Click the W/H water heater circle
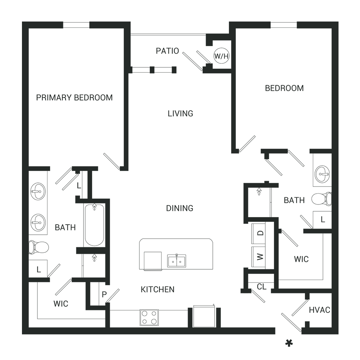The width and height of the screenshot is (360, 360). coord(221,56)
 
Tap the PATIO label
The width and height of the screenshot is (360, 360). coord(167,51)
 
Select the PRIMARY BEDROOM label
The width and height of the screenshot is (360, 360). coord(75,98)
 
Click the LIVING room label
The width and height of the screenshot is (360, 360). coord(180,113)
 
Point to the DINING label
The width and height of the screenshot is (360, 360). coord(180,208)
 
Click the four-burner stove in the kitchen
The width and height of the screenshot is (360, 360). coord(149,317)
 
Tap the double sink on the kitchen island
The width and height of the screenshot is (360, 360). coord(176,261)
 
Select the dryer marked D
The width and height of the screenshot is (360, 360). coord(259,233)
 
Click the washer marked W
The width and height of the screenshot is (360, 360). coord(259,257)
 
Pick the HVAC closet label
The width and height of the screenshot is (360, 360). coord(319,310)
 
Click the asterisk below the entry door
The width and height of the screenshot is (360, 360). coord(289,343)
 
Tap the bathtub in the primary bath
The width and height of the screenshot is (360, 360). coord(94,225)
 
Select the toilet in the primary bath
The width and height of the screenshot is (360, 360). coord(39,247)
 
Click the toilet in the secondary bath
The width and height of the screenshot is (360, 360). coord(321,199)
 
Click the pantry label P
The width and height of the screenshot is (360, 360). coord(104,294)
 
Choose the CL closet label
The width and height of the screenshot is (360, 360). coord(261,287)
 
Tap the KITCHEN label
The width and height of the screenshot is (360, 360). coord(158,289)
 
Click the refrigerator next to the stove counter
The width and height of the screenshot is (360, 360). coord(204,316)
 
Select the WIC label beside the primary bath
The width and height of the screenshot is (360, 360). coord(61,304)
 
